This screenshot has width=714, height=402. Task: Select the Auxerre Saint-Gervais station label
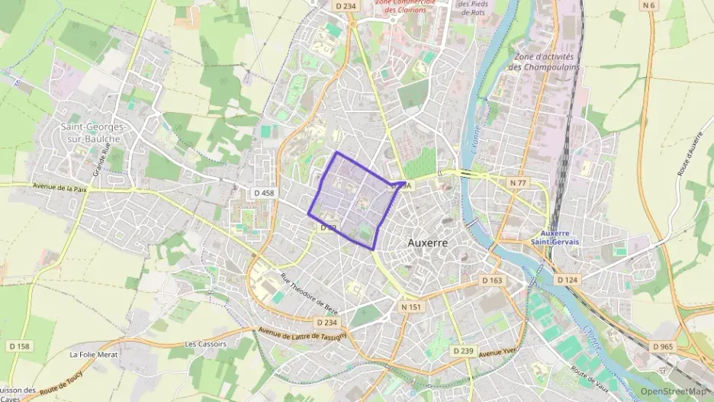coord(555,236)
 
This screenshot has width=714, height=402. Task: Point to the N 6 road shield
coord(649,6)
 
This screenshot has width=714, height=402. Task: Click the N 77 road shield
coord(519,183)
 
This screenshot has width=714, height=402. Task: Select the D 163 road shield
coord(493,281)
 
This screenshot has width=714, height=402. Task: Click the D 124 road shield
coord(567,280)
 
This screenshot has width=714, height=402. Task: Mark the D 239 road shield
coord(463,351)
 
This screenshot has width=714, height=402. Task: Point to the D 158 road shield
coord(18,346)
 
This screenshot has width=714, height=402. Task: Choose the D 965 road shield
coord(664,346)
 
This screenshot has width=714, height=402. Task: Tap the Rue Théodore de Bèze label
coord(308,291)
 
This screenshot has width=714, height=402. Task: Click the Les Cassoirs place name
coord(205,344)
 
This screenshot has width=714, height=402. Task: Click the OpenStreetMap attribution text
coord(674,391)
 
